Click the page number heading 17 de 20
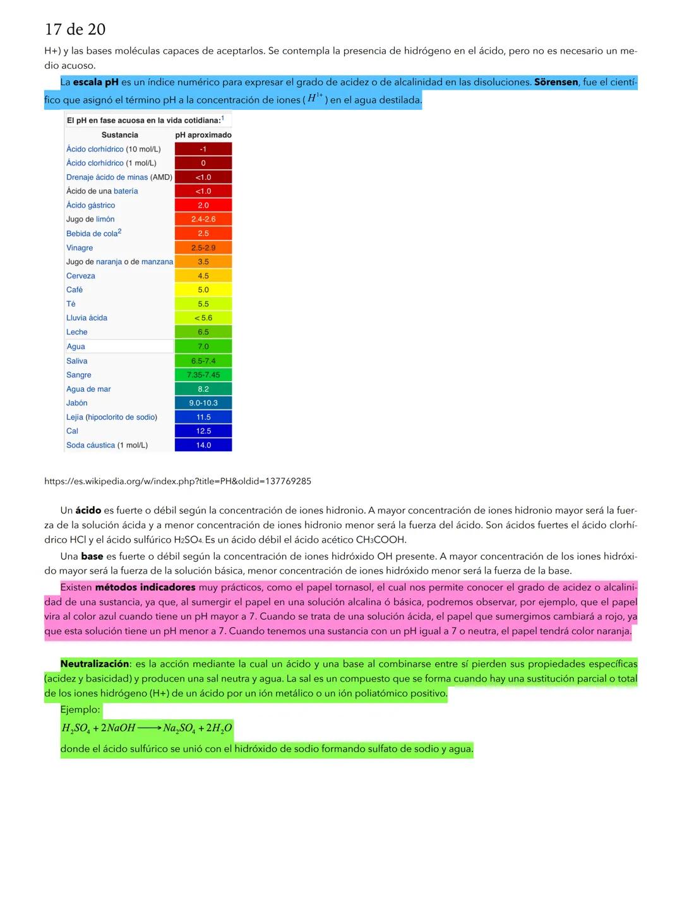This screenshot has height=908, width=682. pyautogui.click(x=75, y=30)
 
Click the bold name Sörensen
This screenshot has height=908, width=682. pyautogui.click(x=556, y=82)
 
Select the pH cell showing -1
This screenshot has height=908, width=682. pyautogui.click(x=203, y=149)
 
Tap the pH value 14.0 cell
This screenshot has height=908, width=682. pyautogui.click(x=203, y=445)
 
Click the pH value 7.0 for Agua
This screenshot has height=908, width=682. pyautogui.click(x=203, y=346)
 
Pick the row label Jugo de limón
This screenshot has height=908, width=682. pyautogui.click(x=90, y=220)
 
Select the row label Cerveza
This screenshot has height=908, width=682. pyautogui.click(x=81, y=276)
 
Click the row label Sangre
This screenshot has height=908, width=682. pyautogui.click(x=79, y=375)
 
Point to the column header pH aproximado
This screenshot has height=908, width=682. pyautogui.click(x=203, y=135)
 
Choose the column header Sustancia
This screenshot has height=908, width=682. pyautogui.click(x=119, y=135)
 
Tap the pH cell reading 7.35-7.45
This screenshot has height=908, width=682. pyautogui.click(x=203, y=375)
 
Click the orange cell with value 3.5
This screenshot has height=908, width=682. pyautogui.click(x=203, y=262)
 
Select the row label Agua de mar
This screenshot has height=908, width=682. pyautogui.click(x=88, y=389)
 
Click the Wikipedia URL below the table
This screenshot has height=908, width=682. pyautogui.click(x=177, y=481)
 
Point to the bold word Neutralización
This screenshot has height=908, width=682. pyautogui.click(x=95, y=664)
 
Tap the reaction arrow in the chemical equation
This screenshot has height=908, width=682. pyautogui.click(x=149, y=728)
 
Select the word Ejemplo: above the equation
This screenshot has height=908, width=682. pyautogui.click(x=80, y=710)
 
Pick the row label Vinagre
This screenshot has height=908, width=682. pyautogui.click(x=80, y=248)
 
